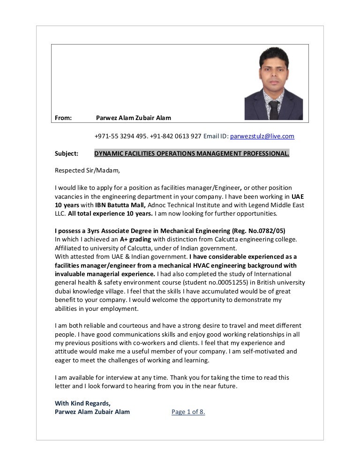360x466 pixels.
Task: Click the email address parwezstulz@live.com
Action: pyautogui.click(x=262, y=136)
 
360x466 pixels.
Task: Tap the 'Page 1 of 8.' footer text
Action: pyautogui.click(x=188, y=412)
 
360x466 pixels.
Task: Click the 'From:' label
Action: pyautogui.click(x=63, y=118)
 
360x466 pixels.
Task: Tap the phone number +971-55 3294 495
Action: pyautogui.click(x=120, y=136)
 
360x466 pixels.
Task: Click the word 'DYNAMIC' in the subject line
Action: pyautogui.click(x=109, y=153)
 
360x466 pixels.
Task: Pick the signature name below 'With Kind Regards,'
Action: pyautogui.click(x=92, y=412)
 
